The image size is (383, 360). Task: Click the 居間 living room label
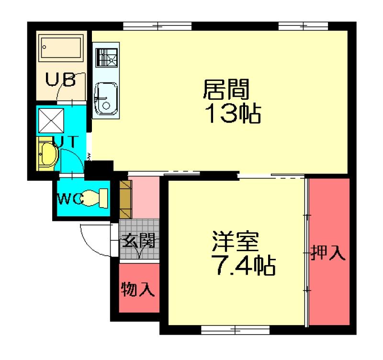226,89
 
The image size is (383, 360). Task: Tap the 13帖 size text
233,114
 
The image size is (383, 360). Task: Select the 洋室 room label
235,242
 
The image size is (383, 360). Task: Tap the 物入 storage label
138,289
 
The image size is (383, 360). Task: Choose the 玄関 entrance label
138,240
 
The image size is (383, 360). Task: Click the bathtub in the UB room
61,48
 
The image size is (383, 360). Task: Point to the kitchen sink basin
106,98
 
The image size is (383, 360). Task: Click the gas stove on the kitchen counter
106,58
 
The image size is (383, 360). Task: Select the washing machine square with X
51,121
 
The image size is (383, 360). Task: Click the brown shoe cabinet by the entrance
125,199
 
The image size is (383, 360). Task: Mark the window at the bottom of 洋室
235,330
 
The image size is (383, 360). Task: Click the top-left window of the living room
158,26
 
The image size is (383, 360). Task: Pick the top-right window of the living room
303,26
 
